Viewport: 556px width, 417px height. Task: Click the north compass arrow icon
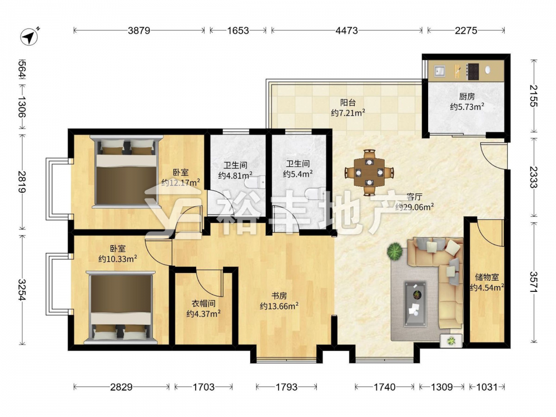pos(29,36)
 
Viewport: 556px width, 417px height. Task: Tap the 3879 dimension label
pos(139,31)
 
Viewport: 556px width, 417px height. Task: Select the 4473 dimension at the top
pos(346,31)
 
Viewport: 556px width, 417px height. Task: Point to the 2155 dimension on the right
pos(533,96)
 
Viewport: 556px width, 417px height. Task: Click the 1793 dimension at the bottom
pos(286,387)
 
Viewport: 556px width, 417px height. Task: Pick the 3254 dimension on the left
pos(22,290)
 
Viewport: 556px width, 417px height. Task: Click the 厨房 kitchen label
pos(466,96)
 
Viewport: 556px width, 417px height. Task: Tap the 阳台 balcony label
pos(348,103)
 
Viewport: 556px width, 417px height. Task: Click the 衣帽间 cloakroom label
pos(203,304)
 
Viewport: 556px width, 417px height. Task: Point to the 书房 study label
pos(279,296)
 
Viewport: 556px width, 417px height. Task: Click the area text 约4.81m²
pos(235,175)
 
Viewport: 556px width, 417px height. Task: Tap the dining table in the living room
pos(369,173)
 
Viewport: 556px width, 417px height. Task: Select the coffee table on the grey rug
pos(415,304)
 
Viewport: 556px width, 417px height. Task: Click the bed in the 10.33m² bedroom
pos(121,307)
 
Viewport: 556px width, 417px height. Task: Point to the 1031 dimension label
pos(487,387)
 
